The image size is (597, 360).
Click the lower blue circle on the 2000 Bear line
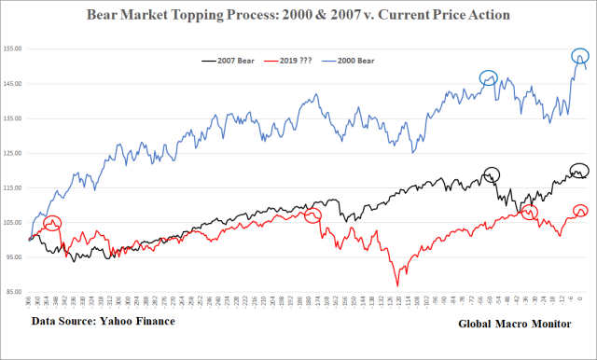tap(489, 79)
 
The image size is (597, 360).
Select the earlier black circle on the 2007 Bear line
tap(493, 173)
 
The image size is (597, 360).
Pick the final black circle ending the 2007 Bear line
tap(580, 171)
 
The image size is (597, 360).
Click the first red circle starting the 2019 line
tap(52, 224)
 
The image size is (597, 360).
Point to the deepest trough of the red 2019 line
tap(398, 285)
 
